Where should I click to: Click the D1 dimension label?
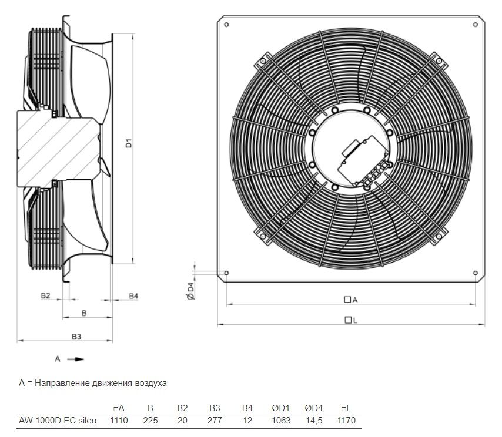[129, 143]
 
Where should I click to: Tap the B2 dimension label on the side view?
[45, 295]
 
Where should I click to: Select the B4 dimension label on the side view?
[133, 296]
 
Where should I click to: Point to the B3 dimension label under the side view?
[76, 336]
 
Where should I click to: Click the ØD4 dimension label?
[190, 291]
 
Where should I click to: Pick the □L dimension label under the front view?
[350, 320]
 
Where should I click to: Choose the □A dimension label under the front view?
[350, 300]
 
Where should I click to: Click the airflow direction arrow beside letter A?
[76, 359]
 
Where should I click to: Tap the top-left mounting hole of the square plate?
[226, 25]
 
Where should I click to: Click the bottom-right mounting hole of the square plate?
[476, 273]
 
